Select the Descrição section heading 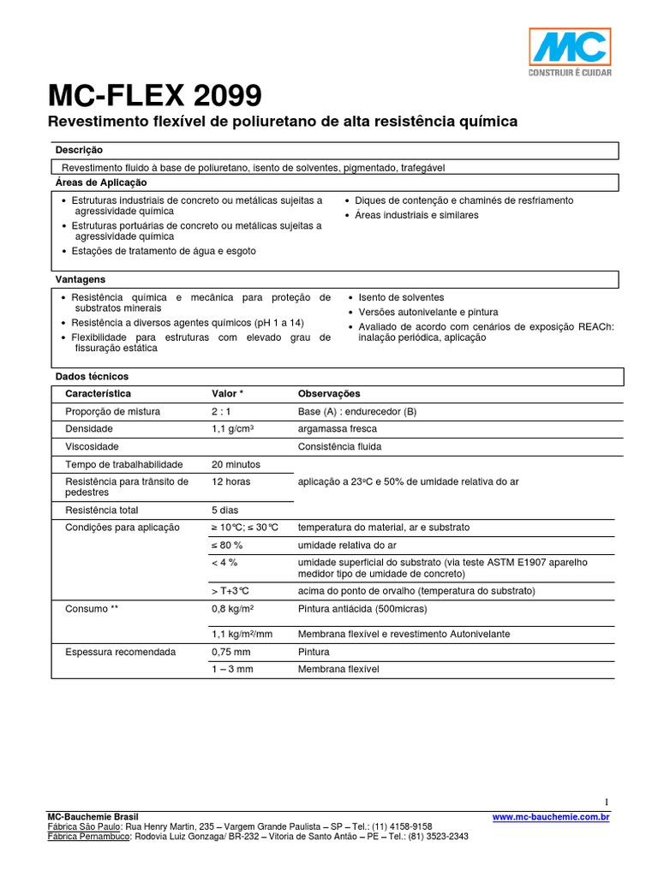coord(79,150)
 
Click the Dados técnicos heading coord(92,377)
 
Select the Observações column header coord(329,394)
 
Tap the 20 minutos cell coord(236,464)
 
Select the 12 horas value coord(230,481)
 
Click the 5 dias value coord(224,510)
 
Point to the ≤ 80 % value coord(227,545)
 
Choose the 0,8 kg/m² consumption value coord(235,609)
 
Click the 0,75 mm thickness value coord(230,652)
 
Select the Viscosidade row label coord(92,447)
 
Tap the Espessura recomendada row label coord(120,652)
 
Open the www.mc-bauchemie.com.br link coord(551,818)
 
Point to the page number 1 coord(607,802)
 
